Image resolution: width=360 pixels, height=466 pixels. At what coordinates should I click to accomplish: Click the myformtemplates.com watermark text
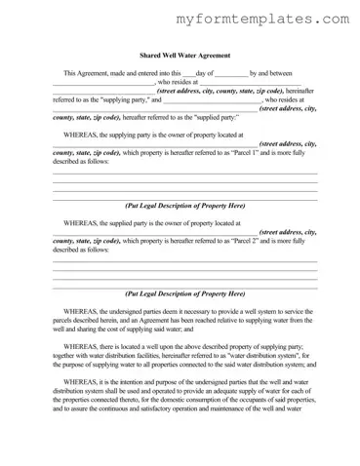coord(263,19)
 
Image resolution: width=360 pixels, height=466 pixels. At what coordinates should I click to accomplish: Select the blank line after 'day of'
coord(231,74)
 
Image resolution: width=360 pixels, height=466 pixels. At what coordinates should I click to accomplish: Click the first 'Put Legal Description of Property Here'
coord(184,206)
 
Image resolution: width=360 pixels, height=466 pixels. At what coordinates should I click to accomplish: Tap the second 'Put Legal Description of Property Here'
coord(184,292)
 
